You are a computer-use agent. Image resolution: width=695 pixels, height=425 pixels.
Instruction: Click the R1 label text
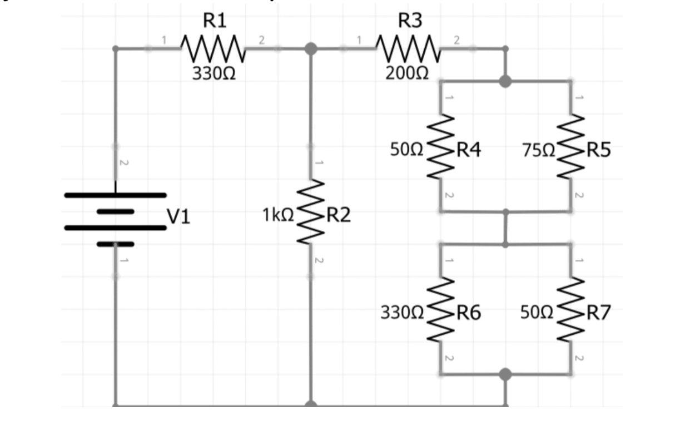[x=215, y=21]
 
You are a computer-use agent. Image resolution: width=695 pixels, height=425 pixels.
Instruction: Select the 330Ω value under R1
[x=214, y=73]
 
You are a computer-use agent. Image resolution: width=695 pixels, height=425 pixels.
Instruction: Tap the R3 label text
[x=411, y=21]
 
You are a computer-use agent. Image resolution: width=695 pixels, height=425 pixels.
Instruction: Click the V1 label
[x=179, y=216]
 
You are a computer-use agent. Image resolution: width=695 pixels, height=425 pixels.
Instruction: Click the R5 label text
[x=598, y=150]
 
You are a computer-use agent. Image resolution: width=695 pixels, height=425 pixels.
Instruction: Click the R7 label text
[x=598, y=313]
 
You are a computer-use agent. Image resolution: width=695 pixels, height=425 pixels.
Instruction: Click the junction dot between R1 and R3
[x=311, y=48]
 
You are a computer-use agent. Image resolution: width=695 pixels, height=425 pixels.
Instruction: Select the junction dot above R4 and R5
[x=505, y=82]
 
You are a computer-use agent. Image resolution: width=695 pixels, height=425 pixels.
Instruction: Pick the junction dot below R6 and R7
[x=505, y=374]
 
